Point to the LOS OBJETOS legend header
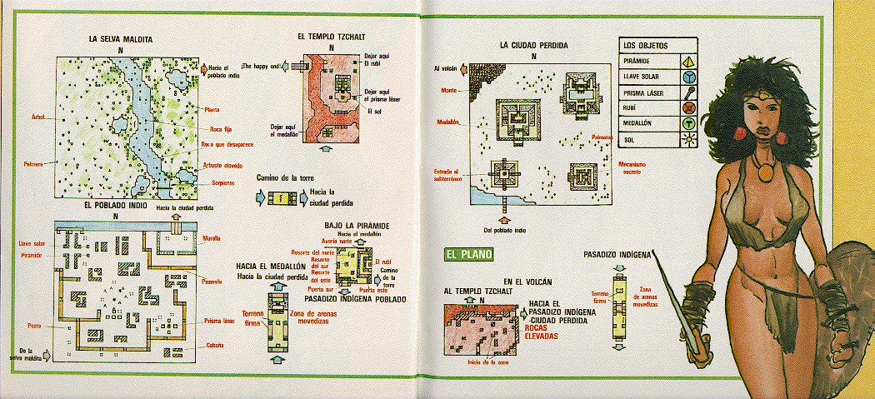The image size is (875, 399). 647,45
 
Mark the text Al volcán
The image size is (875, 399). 447,68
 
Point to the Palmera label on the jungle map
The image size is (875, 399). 33,163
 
